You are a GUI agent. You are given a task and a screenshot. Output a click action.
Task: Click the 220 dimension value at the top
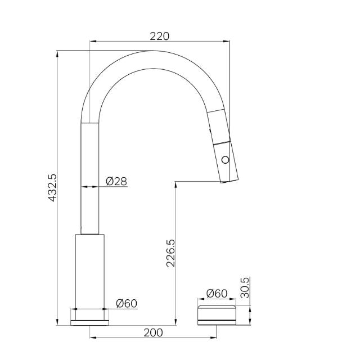point(159,37)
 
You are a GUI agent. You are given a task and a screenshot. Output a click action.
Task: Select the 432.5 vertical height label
point(52,187)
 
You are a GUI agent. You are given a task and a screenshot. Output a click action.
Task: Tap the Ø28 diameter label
point(116,181)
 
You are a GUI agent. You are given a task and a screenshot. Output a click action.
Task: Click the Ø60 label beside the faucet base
point(126,304)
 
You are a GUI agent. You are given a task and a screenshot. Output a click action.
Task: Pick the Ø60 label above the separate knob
point(217,293)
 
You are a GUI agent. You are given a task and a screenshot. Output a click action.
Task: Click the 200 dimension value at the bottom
point(153,332)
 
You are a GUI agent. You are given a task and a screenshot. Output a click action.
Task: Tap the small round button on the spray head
point(226,160)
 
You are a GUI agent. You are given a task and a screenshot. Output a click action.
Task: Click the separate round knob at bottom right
point(216,314)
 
